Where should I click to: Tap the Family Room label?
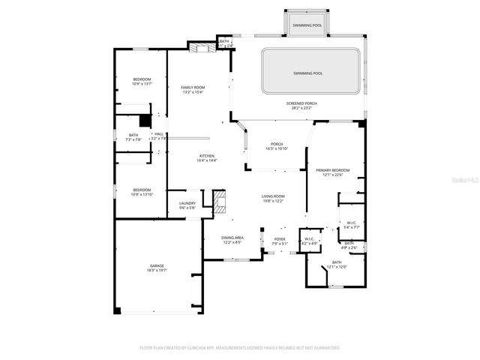pyautogui.click(x=193, y=90)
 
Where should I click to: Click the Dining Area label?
pyautogui.click(x=232, y=239)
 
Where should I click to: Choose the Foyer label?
pyautogui.click(x=279, y=241)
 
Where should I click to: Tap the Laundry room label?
pyautogui.click(x=187, y=205)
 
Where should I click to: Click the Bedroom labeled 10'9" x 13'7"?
pyautogui.click(x=142, y=82)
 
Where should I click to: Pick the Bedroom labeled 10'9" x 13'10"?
pyautogui.click(x=142, y=192)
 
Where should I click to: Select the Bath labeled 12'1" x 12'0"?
pyautogui.click(x=336, y=264)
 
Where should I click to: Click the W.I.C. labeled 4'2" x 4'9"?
pyautogui.click(x=310, y=241)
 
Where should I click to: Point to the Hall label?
pyautogui.click(x=158, y=136)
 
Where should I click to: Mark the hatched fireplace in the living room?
pyautogui.click(x=219, y=202)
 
